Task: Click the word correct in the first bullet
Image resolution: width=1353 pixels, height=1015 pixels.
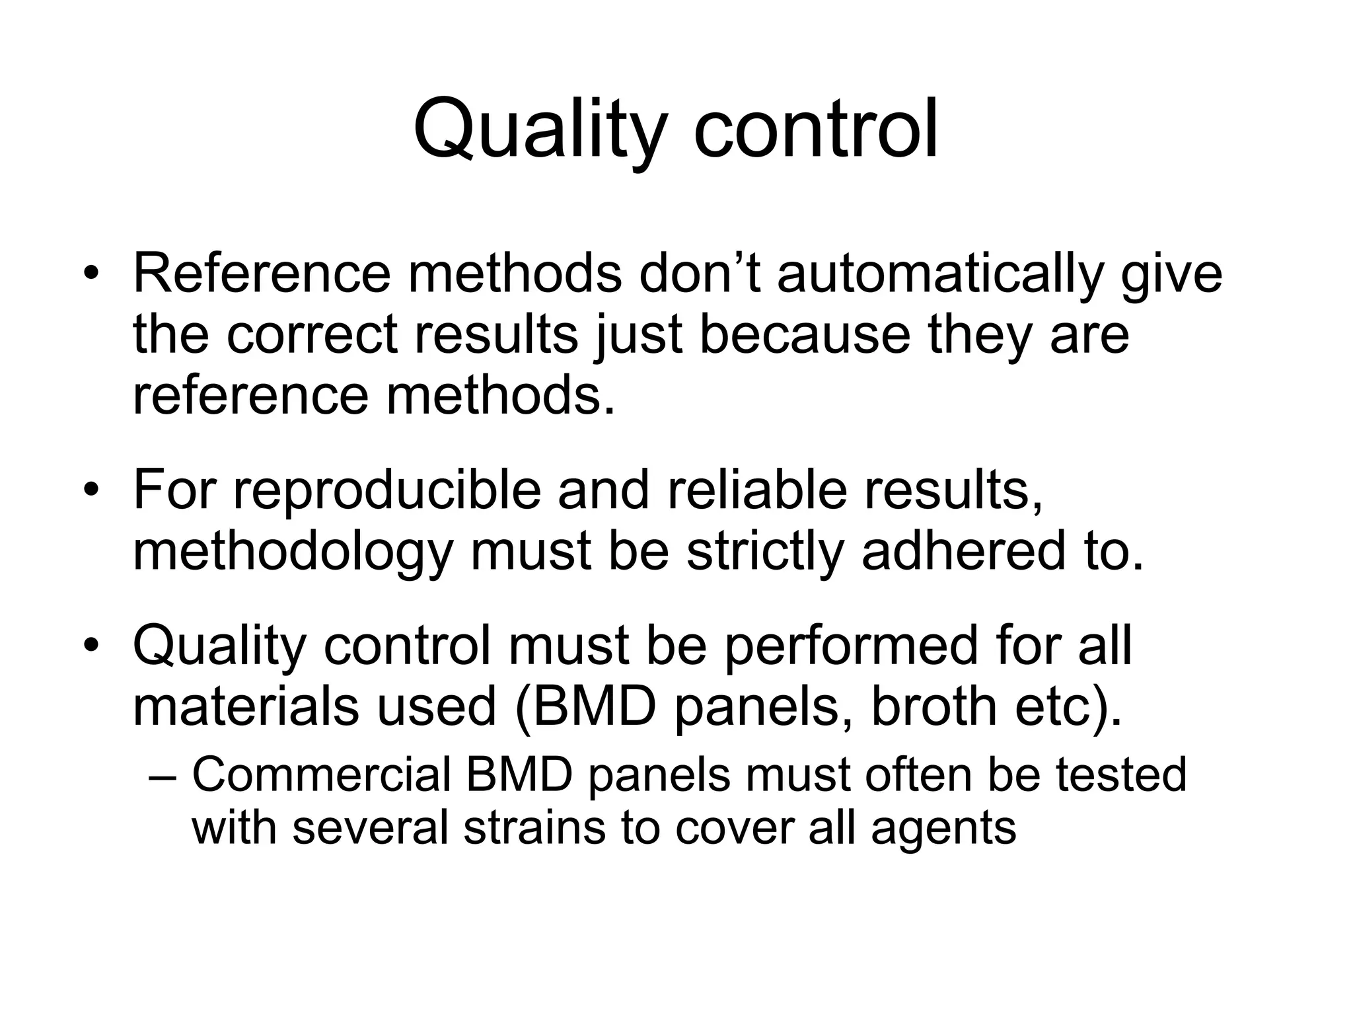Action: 312,335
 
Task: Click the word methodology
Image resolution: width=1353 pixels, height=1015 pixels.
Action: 293,554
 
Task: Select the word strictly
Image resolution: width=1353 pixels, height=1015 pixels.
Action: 765,554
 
